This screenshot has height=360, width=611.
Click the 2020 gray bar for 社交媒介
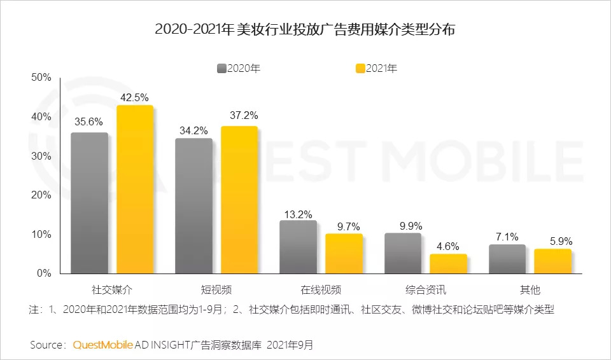(x=89, y=204)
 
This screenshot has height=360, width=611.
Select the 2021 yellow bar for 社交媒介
(x=135, y=190)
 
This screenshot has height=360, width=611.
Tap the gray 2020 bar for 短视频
(x=193, y=206)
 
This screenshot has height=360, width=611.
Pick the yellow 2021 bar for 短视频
(x=239, y=200)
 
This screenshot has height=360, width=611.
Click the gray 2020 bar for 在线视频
(x=298, y=247)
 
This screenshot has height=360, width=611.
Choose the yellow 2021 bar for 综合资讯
(x=448, y=264)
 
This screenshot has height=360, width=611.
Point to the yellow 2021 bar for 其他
(x=552, y=261)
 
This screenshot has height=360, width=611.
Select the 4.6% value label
(x=448, y=247)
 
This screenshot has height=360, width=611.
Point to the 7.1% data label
(x=507, y=237)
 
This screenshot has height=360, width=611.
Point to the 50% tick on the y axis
(x=41, y=78)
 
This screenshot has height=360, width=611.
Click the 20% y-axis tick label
(x=41, y=195)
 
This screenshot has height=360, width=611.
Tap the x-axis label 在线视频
(x=321, y=291)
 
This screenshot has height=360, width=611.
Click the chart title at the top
(x=305, y=30)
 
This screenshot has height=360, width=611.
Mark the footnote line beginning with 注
(x=292, y=310)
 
